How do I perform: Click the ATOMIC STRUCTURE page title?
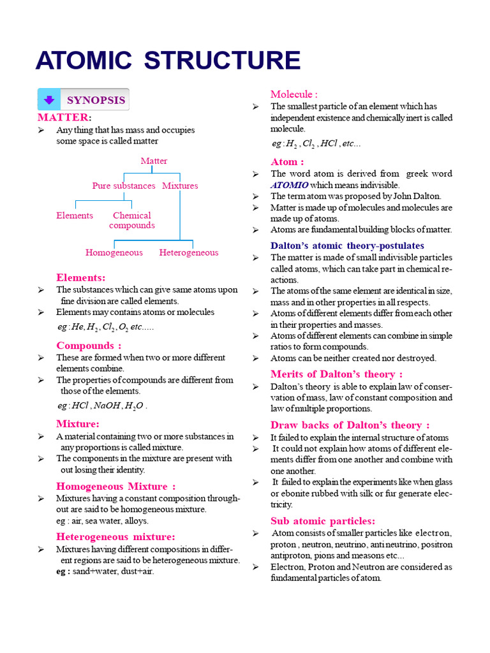point(168,61)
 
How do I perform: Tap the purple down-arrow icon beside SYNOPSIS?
point(48,101)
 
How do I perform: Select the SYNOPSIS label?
point(96,101)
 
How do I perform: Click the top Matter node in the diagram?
point(154,161)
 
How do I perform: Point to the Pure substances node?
point(124,186)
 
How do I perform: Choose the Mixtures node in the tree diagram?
point(180,186)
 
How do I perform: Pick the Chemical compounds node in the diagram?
point(132,220)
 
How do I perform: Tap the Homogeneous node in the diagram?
point(114,253)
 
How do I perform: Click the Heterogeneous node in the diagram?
point(189,253)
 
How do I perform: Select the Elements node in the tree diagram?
point(75,216)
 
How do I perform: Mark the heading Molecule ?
point(294,94)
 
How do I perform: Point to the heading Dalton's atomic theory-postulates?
point(347,246)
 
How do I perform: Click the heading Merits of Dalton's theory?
point(336,374)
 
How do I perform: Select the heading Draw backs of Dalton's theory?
point(350,425)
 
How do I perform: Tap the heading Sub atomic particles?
point(323,521)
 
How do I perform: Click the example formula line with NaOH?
point(102,406)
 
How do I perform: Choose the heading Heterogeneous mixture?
point(115,537)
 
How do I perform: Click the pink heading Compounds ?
point(89,346)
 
